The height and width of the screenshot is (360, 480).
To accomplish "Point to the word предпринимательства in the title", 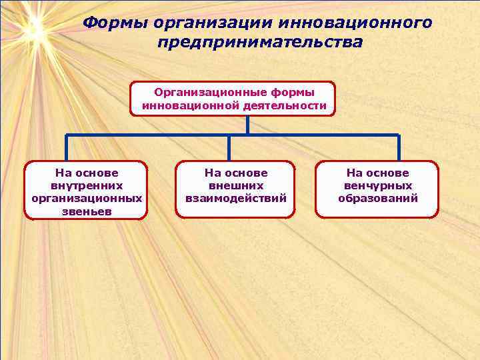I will click(261, 43).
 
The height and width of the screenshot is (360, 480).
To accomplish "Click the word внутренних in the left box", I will click(87, 185).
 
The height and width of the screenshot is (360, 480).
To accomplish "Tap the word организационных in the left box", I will click(87, 198).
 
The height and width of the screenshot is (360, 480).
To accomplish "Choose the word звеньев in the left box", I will click(87, 211).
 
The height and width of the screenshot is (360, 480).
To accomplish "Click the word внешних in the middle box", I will click(236, 185).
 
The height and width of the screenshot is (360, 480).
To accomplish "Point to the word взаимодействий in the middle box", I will click(236, 198).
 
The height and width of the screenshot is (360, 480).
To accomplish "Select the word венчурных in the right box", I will click(378, 185).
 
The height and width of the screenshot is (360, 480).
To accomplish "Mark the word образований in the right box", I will click(378, 198).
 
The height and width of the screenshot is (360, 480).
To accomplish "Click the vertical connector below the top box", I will click(247, 125).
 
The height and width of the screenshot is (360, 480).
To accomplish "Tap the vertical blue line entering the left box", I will click(67, 148).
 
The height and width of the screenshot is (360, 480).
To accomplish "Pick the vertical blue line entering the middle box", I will click(229, 148).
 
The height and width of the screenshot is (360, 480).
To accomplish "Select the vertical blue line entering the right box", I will click(398, 148).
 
